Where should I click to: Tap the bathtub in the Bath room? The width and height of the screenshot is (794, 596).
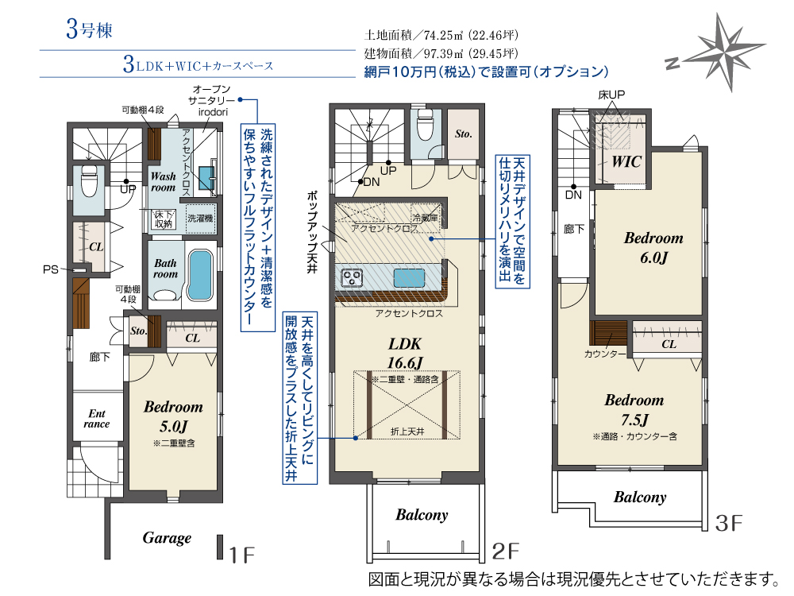coord(199,275)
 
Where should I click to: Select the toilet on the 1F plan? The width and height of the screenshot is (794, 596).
coord(90,181)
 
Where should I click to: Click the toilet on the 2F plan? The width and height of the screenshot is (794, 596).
coord(424,124)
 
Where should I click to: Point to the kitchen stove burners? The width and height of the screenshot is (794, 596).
coord(352,277)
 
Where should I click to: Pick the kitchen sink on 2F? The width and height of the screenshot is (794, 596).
coord(409,277)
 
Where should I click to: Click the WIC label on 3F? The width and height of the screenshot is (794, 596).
coord(626,162)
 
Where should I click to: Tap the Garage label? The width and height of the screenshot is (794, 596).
coord(167,538)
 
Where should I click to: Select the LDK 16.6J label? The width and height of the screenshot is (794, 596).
coord(405,354)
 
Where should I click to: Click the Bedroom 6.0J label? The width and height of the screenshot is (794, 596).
coord(653,248)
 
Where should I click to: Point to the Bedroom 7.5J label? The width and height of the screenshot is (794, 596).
coord(634,410)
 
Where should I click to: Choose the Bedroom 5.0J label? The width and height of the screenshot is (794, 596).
coord(173,416)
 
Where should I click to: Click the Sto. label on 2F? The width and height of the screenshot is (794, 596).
coord(464,134)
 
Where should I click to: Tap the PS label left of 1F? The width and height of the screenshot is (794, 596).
coord(51,269)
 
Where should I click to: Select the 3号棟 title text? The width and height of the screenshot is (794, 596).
coord(89,29)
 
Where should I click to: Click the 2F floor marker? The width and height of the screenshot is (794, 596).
coord(505,551)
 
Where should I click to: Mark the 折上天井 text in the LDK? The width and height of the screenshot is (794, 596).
coord(407,432)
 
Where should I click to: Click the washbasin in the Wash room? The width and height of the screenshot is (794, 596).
coord(207,177)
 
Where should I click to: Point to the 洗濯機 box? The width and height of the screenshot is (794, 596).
coord(201,219)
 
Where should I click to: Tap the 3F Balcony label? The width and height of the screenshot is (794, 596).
coord(640,497)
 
